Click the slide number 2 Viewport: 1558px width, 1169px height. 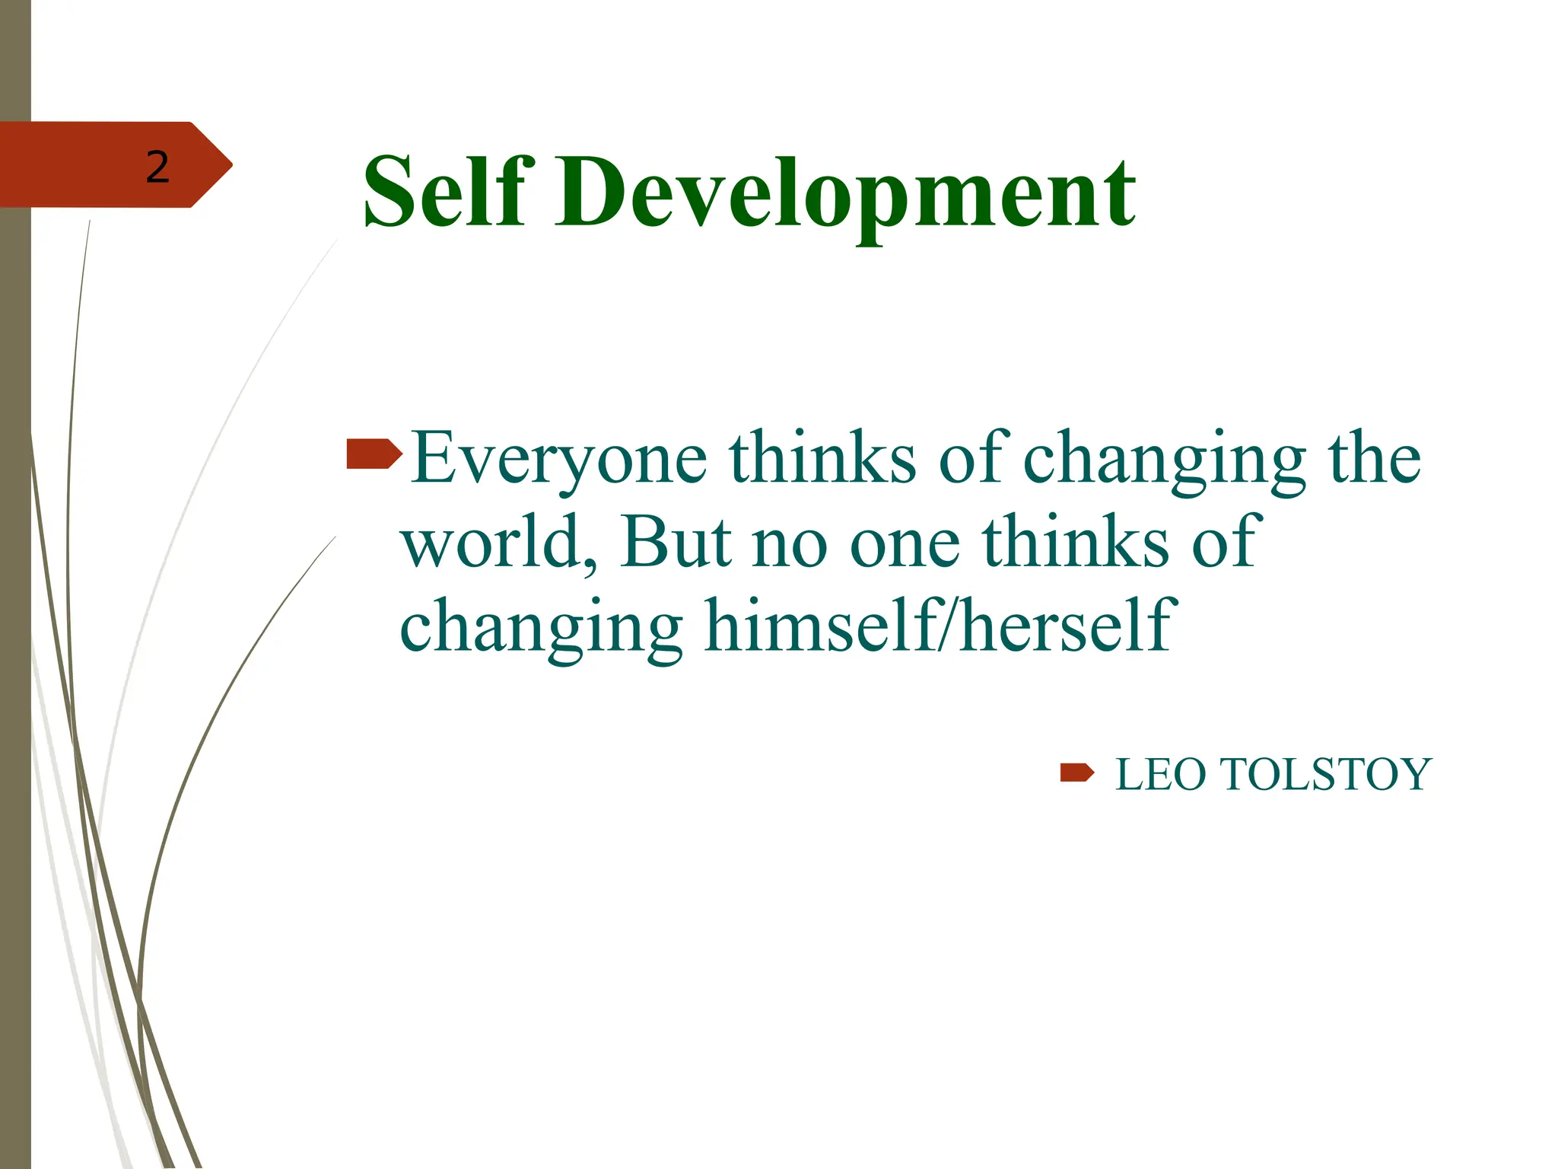tap(157, 167)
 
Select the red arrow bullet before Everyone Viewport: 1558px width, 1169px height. tap(374, 454)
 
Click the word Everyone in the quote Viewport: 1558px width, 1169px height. tap(559, 458)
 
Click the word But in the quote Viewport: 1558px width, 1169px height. tap(676, 542)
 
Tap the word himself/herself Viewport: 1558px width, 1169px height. tap(940, 626)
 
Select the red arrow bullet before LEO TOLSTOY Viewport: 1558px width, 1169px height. tap(1076, 773)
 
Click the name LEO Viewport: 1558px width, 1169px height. tap(1161, 775)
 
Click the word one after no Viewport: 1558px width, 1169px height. tap(905, 543)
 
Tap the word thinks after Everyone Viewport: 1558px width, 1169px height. tap(822, 458)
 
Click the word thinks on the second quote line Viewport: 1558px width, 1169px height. tap(1076, 542)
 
